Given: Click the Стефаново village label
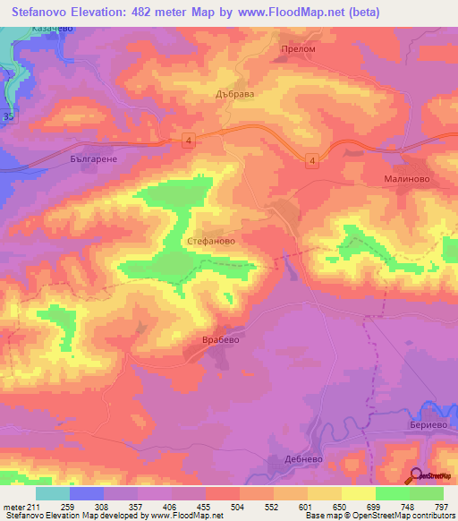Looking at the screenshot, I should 212,242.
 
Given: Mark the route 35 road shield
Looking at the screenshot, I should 8,116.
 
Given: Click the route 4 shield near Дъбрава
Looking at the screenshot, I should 188,139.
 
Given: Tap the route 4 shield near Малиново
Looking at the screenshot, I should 311,160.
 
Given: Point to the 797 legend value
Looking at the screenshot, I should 440,507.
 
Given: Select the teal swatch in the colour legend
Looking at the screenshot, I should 53,493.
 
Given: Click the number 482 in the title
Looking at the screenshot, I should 165,13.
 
